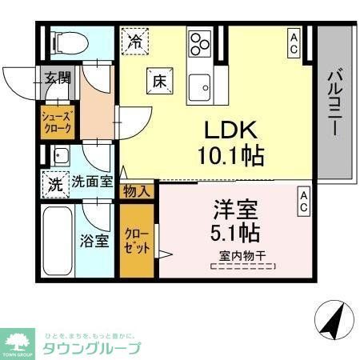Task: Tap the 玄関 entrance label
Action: pos(57,78)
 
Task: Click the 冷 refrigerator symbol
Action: pos(137,41)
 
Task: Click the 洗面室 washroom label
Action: pos(90,182)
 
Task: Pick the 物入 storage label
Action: pos(136,190)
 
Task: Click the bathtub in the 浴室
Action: pos(59,240)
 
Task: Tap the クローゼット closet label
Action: pos(136,241)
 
